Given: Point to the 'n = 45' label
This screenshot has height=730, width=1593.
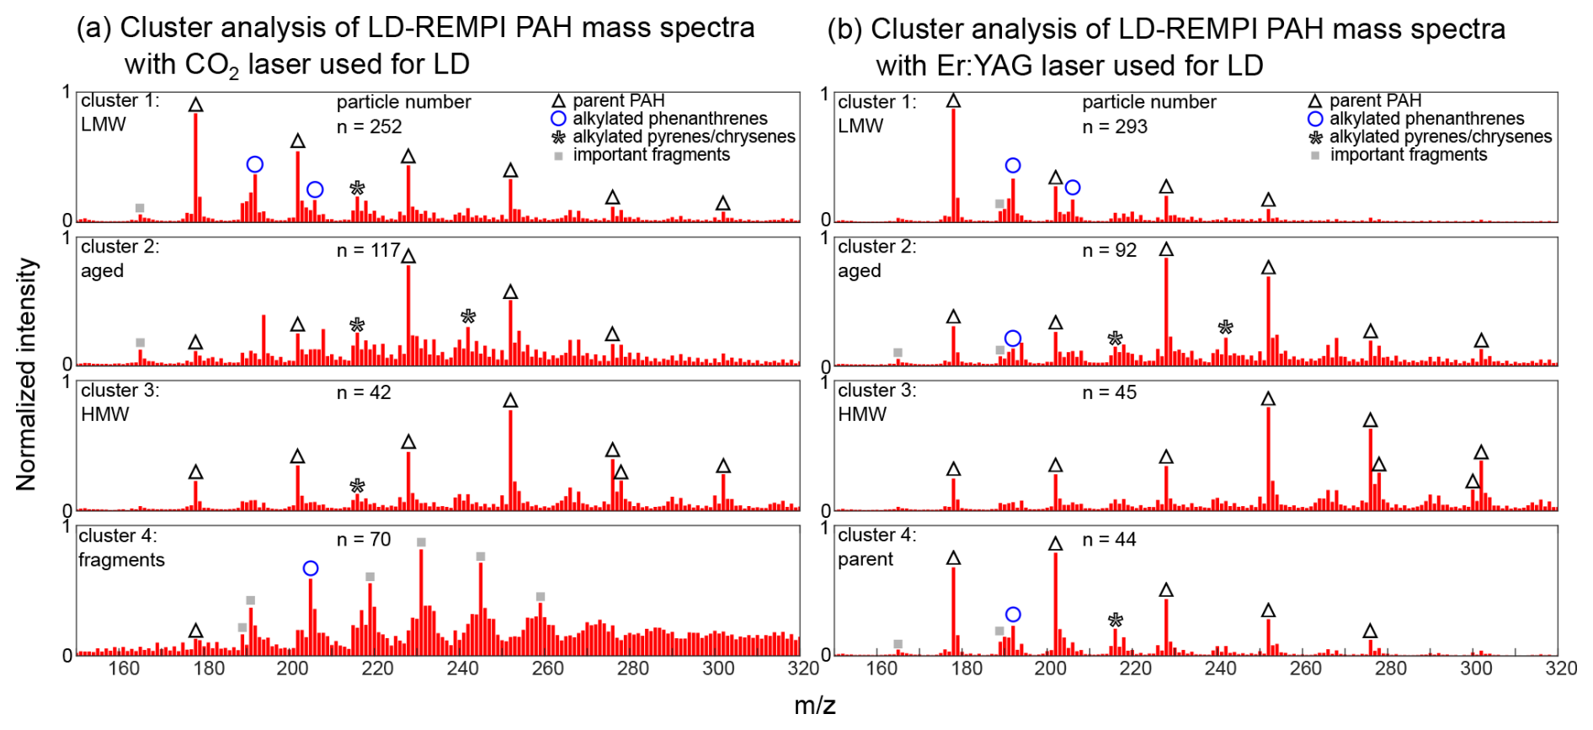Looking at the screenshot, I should tap(1109, 392).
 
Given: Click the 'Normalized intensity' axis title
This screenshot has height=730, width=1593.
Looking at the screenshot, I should tap(26, 374).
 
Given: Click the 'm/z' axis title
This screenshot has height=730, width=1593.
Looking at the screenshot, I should tap(814, 705).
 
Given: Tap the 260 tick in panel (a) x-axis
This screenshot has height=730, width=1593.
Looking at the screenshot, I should tap(547, 669).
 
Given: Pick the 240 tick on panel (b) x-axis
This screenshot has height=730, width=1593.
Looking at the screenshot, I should tap(1220, 669).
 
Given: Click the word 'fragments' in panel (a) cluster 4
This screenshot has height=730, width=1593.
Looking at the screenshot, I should tap(121, 560).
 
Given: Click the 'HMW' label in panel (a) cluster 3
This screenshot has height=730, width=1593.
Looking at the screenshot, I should tap(104, 414).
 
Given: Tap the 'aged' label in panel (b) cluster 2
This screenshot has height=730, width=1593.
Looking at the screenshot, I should tap(859, 271).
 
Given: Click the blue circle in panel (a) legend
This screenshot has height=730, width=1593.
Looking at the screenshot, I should tap(558, 119).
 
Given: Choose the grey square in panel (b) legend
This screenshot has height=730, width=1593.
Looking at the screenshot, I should tap(1315, 156).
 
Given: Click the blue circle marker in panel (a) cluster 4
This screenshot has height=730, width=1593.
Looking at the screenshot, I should tap(311, 569).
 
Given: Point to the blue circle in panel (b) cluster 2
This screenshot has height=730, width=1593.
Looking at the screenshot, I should tap(1013, 338).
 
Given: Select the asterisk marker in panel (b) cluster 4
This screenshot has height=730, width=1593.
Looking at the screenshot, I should tap(1116, 621).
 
